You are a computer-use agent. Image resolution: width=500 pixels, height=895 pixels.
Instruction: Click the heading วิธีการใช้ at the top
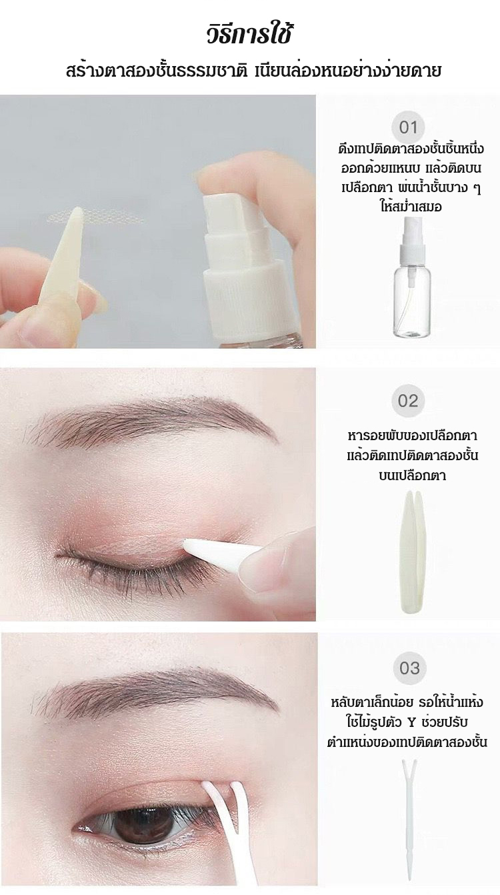pyautogui.click(x=249, y=35)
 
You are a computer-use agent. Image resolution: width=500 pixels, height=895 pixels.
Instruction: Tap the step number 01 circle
pyautogui.click(x=408, y=127)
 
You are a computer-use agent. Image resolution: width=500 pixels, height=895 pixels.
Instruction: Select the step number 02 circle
pyautogui.click(x=408, y=401)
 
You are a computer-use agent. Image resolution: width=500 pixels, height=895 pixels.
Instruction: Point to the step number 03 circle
pyautogui.click(x=409, y=668)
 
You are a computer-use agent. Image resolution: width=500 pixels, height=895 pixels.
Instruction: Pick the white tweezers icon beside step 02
pyautogui.click(x=410, y=556)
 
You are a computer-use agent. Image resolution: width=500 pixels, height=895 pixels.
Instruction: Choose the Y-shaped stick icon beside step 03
pyautogui.click(x=410, y=825)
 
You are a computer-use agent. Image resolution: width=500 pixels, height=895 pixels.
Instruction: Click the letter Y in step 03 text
pyautogui.click(x=412, y=723)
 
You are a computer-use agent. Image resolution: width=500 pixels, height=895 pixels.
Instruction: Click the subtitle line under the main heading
pyautogui.click(x=253, y=72)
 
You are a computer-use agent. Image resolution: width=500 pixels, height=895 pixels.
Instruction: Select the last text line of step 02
pyautogui.click(x=412, y=476)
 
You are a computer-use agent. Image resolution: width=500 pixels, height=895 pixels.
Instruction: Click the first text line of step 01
pyautogui.click(x=411, y=149)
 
